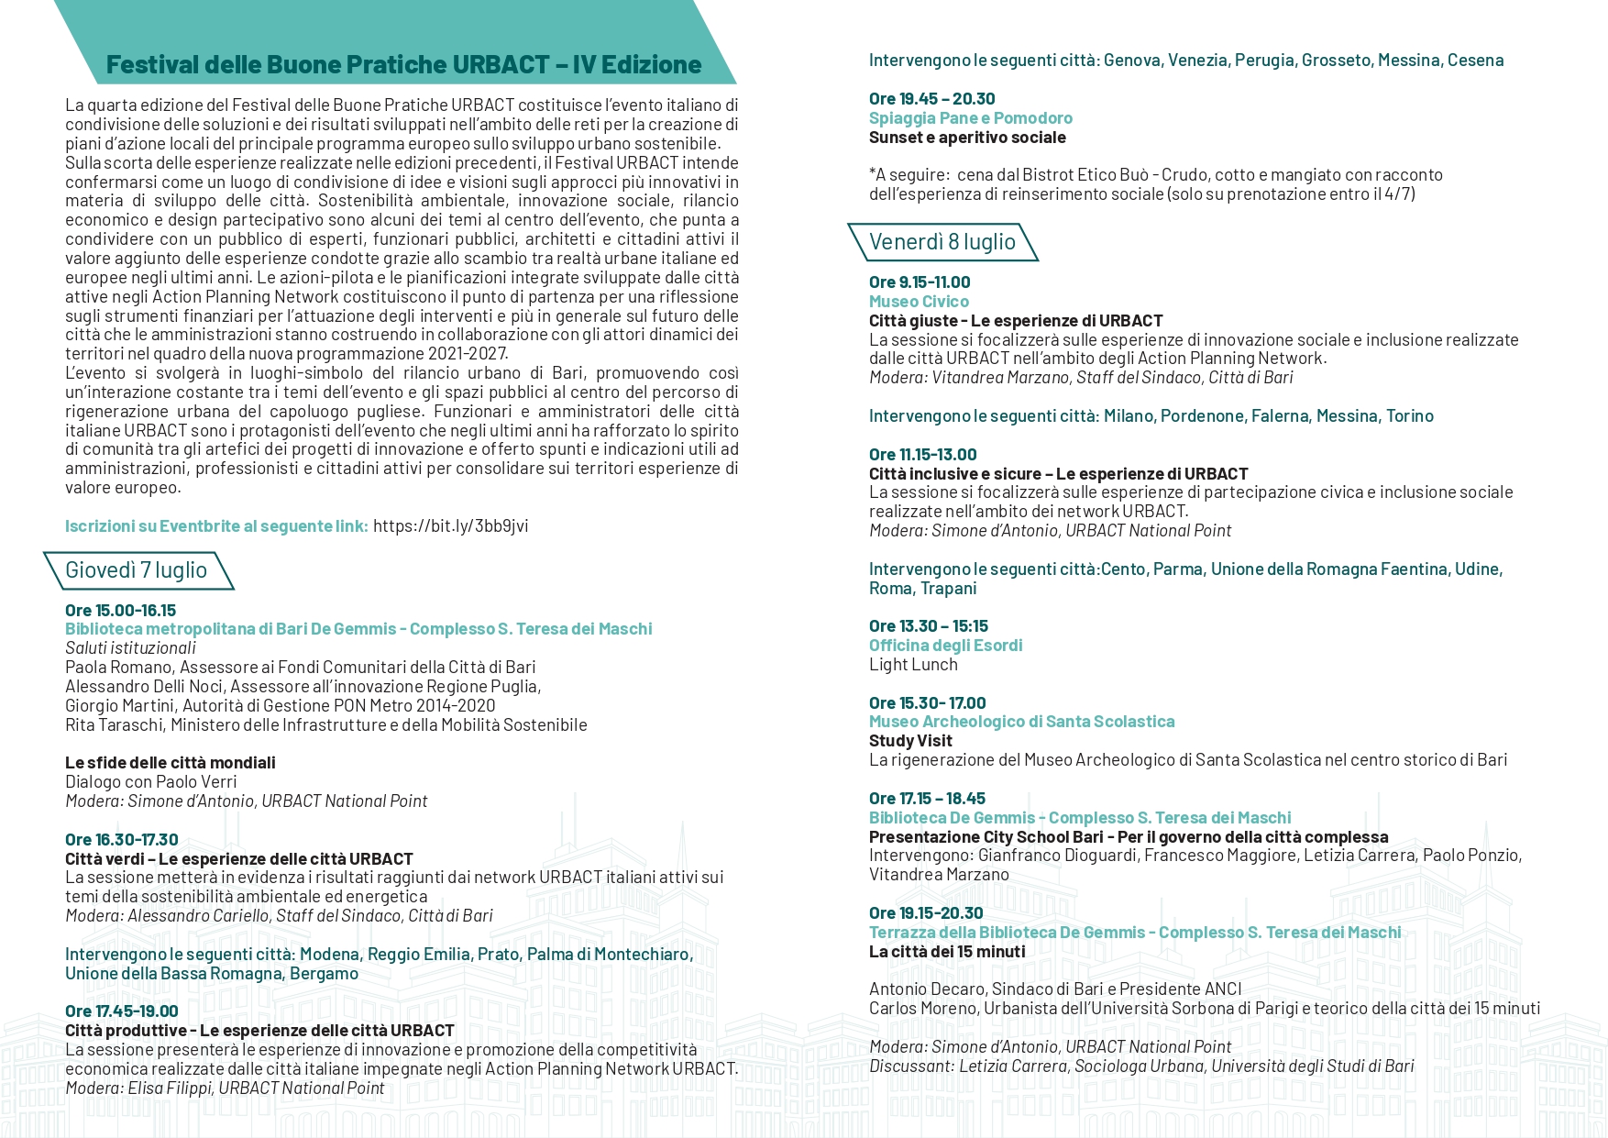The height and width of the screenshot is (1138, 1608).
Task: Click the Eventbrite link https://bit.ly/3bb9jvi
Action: (450, 525)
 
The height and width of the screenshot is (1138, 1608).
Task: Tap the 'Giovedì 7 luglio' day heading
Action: (136, 570)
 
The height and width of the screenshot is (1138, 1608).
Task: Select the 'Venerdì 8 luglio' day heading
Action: (942, 242)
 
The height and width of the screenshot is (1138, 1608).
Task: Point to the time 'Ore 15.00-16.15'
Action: (120, 610)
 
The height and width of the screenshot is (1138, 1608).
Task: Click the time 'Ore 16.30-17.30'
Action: (121, 839)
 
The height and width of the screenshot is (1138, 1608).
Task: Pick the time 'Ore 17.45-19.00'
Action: (121, 1011)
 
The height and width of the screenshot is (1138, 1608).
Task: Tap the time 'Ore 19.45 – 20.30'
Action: (931, 98)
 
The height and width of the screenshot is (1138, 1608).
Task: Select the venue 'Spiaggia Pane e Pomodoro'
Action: (970, 117)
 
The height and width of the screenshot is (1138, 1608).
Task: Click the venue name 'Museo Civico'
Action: (919, 301)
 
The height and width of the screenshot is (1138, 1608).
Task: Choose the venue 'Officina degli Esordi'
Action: (945, 645)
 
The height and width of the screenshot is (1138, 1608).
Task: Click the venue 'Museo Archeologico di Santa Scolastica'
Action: (1021, 721)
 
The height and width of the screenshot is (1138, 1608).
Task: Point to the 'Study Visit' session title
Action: (910, 740)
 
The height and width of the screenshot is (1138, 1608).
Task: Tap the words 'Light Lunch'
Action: (913, 664)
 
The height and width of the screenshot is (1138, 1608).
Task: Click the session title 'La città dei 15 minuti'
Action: (947, 951)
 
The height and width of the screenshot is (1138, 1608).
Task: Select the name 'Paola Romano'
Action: (118, 667)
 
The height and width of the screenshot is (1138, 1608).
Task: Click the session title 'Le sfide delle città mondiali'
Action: (170, 762)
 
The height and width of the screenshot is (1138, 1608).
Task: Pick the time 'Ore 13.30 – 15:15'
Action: (928, 625)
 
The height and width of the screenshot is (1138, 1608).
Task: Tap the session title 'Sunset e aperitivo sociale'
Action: (967, 137)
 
